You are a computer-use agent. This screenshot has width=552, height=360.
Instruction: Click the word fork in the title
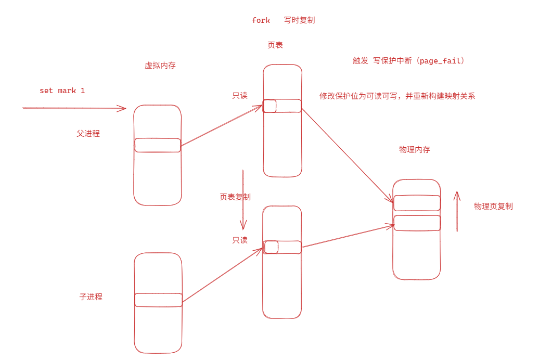pyautogui.click(x=261, y=20)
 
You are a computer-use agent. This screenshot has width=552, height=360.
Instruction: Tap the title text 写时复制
pyautogui.click(x=299, y=20)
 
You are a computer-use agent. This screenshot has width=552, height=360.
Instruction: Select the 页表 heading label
pyautogui.click(x=275, y=45)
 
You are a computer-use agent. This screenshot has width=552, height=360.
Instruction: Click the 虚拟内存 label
pyautogui.click(x=160, y=66)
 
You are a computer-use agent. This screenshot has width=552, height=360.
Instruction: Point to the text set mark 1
pyautogui.click(x=62, y=91)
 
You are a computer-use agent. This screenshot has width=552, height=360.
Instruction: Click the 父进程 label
pyautogui.click(x=88, y=134)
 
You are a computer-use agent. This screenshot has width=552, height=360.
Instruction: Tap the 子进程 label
pyautogui.click(x=91, y=297)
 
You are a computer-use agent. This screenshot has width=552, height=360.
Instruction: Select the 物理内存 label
pyautogui.click(x=414, y=150)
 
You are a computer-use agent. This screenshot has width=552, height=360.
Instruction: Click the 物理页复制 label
pyautogui.click(x=493, y=206)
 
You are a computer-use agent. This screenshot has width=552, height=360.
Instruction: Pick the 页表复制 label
pyautogui.click(x=235, y=197)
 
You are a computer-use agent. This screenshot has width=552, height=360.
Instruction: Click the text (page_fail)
pyautogui.click(x=442, y=61)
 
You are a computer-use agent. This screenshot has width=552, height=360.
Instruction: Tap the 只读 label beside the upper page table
pyautogui.click(x=240, y=96)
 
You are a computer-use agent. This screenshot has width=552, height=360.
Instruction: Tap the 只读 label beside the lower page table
pyautogui.click(x=240, y=240)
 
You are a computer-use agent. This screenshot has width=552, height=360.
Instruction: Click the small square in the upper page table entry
pyautogui.click(x=269, y=106)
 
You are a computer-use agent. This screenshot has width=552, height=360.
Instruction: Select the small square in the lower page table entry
pyautogui.click(x=271, y=247)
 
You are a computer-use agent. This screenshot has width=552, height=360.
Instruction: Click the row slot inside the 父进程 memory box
pyautogui.click(x=158, y=145)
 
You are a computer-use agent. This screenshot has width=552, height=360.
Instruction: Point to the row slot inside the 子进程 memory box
pyautogui.click(x=158, y=300)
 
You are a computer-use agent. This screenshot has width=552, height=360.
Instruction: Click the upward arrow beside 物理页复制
pyautogui.click(x=457, y=211)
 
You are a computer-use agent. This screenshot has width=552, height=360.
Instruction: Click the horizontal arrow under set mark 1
pyautogui.click(x=74, y=108)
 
